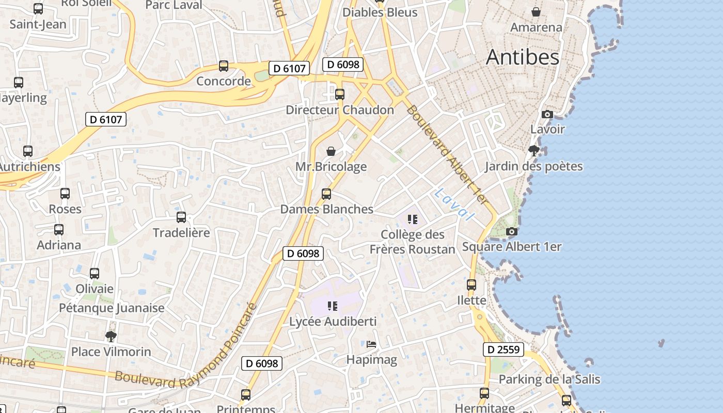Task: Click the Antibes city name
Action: [x=522, y=57]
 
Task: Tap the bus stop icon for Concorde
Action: [x=224, y=66]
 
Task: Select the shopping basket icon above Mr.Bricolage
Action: [x=331, y=151]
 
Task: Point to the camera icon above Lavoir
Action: [x=547, y=114]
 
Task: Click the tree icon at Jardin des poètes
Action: [x=533, y=151]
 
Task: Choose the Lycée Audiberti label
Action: [x=333, y=322]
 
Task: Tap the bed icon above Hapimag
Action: [x=371, y=344]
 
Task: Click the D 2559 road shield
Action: [x=504, y=350]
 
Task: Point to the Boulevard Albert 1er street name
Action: [x=447, y=154]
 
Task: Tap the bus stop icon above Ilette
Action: [x=471, y=285]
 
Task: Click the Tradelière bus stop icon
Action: [x=181, y=217]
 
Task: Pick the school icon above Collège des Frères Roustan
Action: [x=412, y=219]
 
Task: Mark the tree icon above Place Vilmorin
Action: [x=111, y=337]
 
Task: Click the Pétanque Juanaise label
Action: [x=112, y=308]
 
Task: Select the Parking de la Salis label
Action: [x=549, y=379]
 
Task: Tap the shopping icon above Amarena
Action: [x=536, y=12]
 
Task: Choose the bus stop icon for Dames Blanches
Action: [x=326, y=194]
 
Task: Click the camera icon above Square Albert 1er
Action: [x=511, y=232]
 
